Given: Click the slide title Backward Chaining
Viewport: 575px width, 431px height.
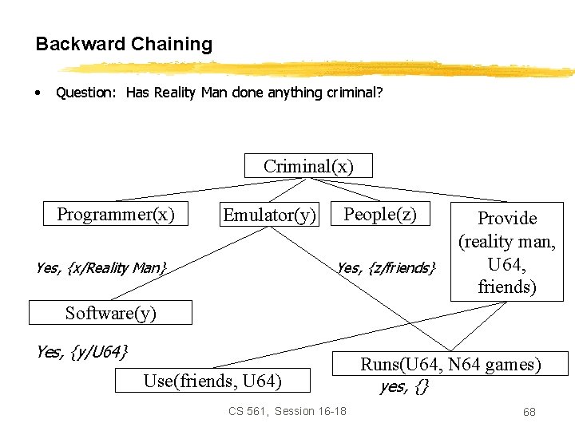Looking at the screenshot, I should pyautogui.click(x=124, y=44).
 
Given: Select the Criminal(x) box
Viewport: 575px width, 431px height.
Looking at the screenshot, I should pyautogui.click(x=307, y=166).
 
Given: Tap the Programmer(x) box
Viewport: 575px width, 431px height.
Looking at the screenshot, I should pyautogui.click(x=115, y=214).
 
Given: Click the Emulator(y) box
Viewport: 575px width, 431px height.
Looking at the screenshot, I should pyautogui.click(x=269, y=215).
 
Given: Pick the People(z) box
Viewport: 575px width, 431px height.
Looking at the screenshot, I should pyautogui.click(x=379, y=214).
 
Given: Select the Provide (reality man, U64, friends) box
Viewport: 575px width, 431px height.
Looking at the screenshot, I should pyautogui.click(x=506, y=251).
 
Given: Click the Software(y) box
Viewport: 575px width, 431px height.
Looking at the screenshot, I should pyautogui.click(x=110, y=313).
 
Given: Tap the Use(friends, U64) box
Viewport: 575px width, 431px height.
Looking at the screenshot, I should pyautogui.click(x=212, y=381).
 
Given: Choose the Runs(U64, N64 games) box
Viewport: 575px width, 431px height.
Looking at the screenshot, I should pyautogui.click(x=450, y=365).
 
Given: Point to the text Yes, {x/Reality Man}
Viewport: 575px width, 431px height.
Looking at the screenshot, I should pyautogui.click(x=101, y=267).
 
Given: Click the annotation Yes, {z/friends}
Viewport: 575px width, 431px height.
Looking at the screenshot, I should pyautogui.click(x=386, y=267).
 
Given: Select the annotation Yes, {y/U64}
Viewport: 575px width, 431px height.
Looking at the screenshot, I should pyautogui.click(x=81, y=350).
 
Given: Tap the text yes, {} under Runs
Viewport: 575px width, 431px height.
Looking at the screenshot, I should pyautogui.click(x=404, y=387).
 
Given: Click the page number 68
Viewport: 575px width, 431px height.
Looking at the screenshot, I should pyautogui.click(x=529, y=412).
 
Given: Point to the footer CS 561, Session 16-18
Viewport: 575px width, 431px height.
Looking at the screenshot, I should pyautogui.click(x=287, y=411).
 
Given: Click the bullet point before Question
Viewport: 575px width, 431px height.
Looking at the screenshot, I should pyautogui.click(x=38, y=92).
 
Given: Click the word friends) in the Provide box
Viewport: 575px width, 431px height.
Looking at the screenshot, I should pyautogui.click(x=506, y=286).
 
